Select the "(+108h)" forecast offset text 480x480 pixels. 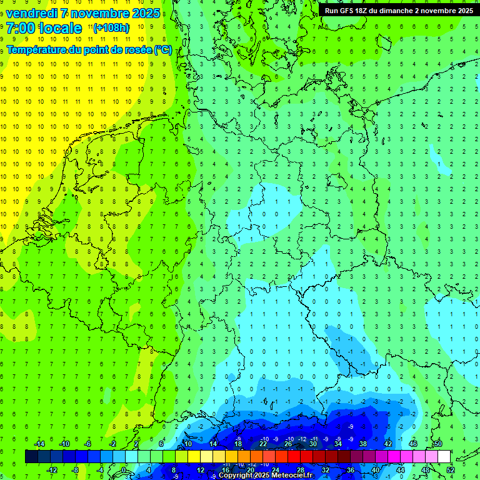[x=111, y=28]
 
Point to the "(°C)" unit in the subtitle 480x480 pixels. [x=163, y=49]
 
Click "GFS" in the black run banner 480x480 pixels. [x=350, y=11]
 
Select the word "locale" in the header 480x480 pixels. [x=61, y=28]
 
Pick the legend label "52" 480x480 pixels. [x=450, y=470]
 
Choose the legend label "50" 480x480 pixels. [x=438, y=444]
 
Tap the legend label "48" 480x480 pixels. [x=426, y=470]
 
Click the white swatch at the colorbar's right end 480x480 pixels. [x=444, y=457]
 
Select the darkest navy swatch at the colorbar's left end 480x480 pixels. [x=31, y=457]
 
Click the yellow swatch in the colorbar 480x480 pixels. [x=206, y=457]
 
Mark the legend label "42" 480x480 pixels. [x=388, y=444]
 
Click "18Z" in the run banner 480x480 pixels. [x=367, y=11]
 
